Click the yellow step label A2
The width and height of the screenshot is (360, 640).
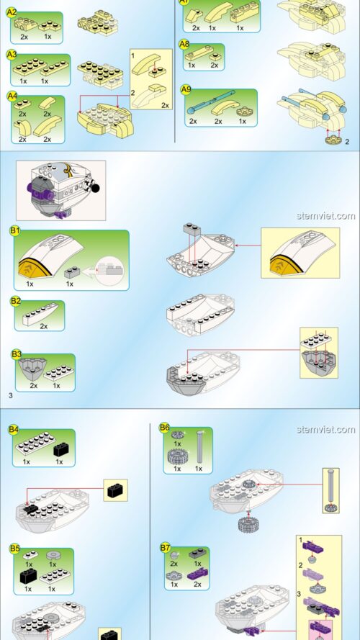click(x=12, y=12)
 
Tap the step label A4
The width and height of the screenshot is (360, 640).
click(x=12, y=95)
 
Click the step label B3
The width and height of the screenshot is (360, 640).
click(x=16, y=354)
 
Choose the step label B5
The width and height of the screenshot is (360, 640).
click(x=14, y=548)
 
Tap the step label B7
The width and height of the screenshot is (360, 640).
click(x=165, y=548)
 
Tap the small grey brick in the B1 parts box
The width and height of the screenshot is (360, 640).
click(x=70, y=273)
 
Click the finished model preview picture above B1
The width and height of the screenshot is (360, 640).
click(x=61, y=189)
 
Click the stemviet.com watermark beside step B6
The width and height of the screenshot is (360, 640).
click(x=325, y=430)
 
